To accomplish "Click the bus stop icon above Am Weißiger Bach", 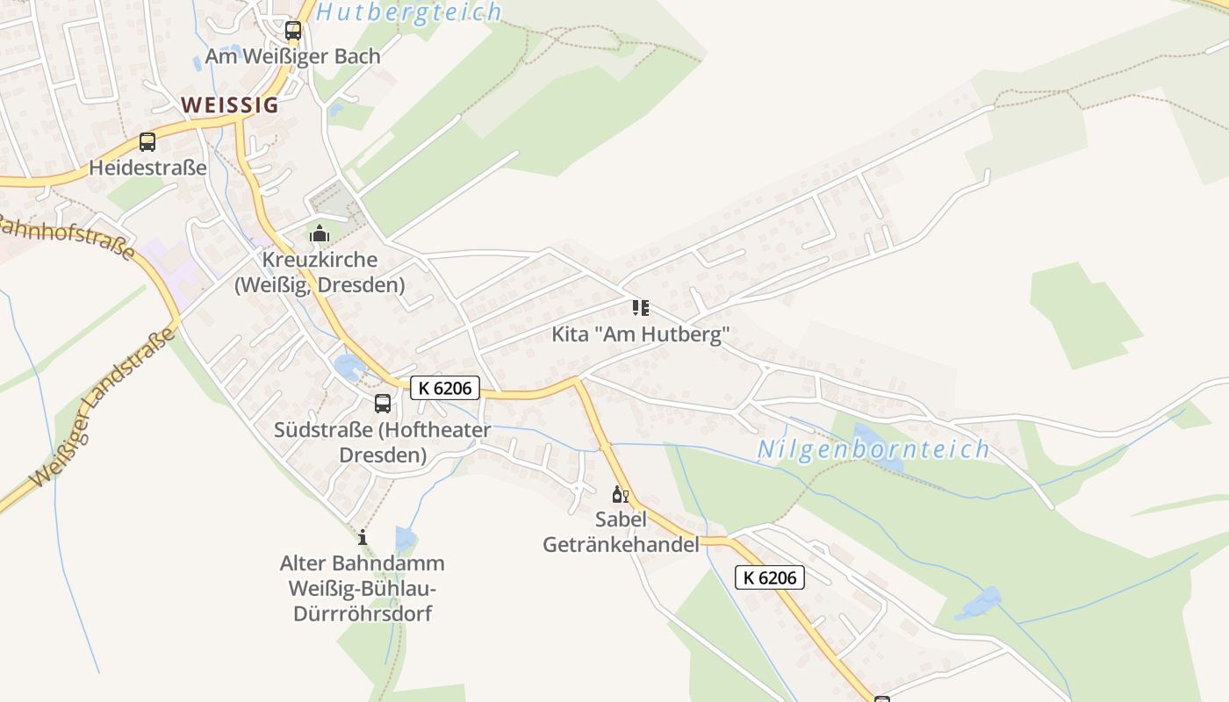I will [293, 31].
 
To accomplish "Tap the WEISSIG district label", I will [230, 105].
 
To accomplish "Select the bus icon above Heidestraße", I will [147, 142].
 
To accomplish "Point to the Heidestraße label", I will [147, 168].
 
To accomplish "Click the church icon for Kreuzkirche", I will [319, 233].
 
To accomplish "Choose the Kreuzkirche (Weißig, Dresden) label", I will [320, 272].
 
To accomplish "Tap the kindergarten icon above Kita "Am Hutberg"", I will [641, 308].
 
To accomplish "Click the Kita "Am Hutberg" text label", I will [641, 334].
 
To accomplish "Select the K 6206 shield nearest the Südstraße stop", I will [445, 388].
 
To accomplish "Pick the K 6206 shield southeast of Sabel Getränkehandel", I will [769, 577].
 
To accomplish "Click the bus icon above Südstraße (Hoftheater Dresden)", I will [383, 404].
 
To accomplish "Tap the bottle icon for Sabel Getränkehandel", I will [620, 495].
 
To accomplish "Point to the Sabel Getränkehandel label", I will [622, 532].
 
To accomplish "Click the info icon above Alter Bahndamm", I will [363, 537].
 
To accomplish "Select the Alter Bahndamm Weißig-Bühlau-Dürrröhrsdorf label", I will [362, 588].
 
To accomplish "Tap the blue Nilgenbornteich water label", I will [873, 450].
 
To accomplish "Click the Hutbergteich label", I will [409, 12].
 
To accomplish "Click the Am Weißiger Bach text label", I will [293, 56].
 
